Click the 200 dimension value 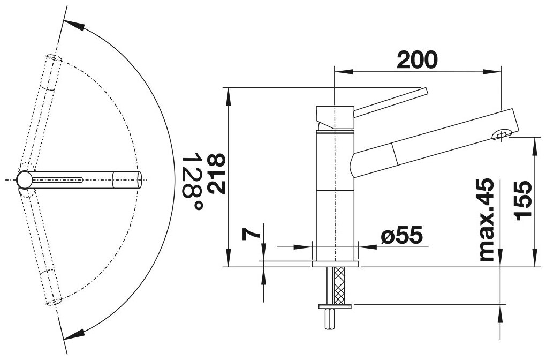click(417, 60)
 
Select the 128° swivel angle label click(193, 181)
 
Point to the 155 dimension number click(524, 201)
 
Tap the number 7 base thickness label click(252, 235)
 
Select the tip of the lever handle click(425, 91)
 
